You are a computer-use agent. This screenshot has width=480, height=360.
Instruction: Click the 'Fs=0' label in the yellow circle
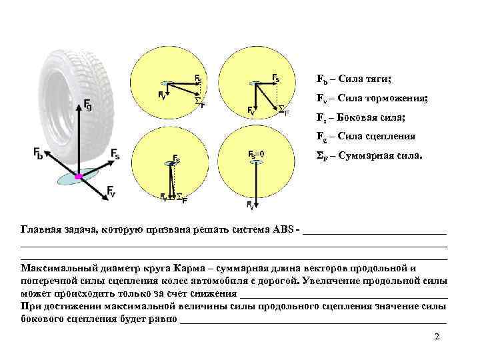(x=257, y=155)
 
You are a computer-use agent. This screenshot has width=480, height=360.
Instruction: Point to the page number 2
(x=437, y=337)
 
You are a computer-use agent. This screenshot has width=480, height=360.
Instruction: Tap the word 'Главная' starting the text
(x=41, y=230)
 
